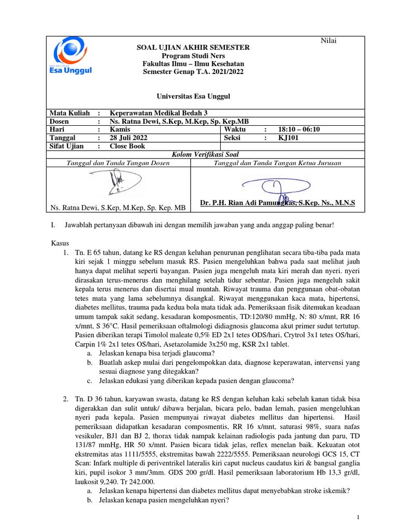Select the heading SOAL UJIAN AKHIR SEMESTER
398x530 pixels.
pyautogui.click(x=193, y=48)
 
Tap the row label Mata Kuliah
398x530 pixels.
pyautogui.click(x=69, y=113)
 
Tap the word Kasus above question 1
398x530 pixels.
pyautogui.click(x=60, y=243)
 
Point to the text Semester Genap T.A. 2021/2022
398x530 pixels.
pyautogui.click(x=192, y=71)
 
